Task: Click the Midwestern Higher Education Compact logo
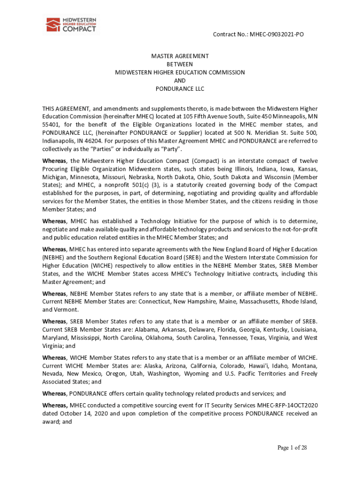71,24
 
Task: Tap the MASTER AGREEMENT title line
180,56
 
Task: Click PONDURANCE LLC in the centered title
180,89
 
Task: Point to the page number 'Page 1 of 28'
292,448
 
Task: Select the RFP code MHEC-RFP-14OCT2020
279,406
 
